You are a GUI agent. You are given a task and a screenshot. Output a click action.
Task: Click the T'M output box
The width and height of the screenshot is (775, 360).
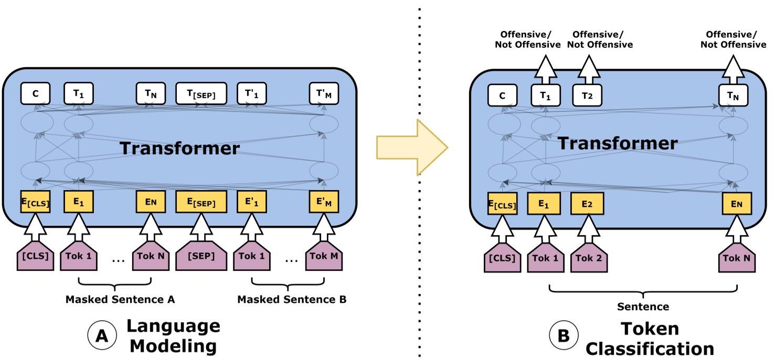coord(324,94)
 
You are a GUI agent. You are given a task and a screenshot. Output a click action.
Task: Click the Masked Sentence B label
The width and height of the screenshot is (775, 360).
coord(292,300)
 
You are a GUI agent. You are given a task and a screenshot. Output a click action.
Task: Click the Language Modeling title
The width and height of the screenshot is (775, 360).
coord(173,336)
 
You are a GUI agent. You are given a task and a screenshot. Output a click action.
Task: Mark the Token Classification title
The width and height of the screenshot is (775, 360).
coord(650,338)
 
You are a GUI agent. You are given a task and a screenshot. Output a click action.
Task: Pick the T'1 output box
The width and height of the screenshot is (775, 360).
coord(251,94)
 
